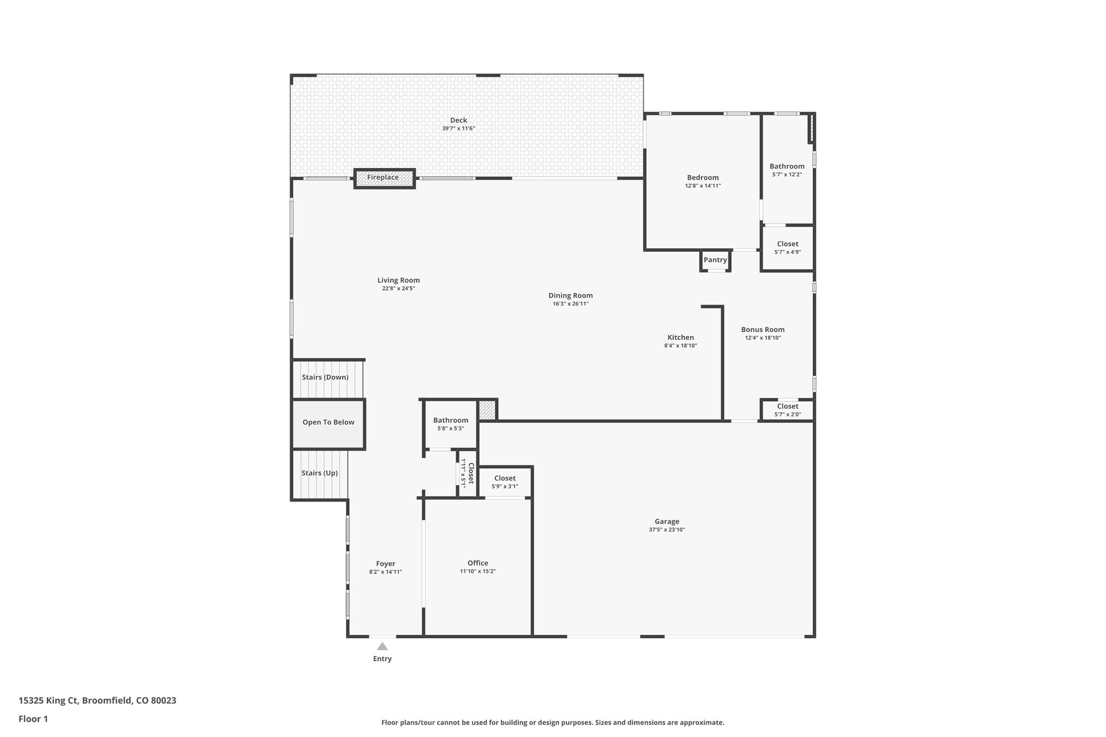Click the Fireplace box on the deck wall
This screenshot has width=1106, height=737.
point(384,178)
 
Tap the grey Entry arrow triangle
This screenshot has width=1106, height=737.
point(382,646)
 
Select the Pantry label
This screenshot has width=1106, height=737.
point(715,260)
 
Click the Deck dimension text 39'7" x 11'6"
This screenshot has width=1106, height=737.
point(458,129)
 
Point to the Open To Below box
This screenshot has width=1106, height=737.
point(328,423)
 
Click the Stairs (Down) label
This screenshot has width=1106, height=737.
point(325,377)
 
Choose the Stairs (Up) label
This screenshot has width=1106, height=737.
point(320,474)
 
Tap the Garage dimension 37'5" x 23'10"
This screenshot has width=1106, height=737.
point(667,530)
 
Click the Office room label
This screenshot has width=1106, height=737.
point(478,563)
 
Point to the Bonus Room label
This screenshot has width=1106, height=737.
point(763,330)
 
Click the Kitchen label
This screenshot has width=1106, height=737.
point(680,338)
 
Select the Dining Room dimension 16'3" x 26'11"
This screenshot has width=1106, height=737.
point(570,304)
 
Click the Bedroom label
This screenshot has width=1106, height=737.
point(703,178)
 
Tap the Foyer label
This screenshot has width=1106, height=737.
point(386,564)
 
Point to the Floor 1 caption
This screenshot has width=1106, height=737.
point(33,719)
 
